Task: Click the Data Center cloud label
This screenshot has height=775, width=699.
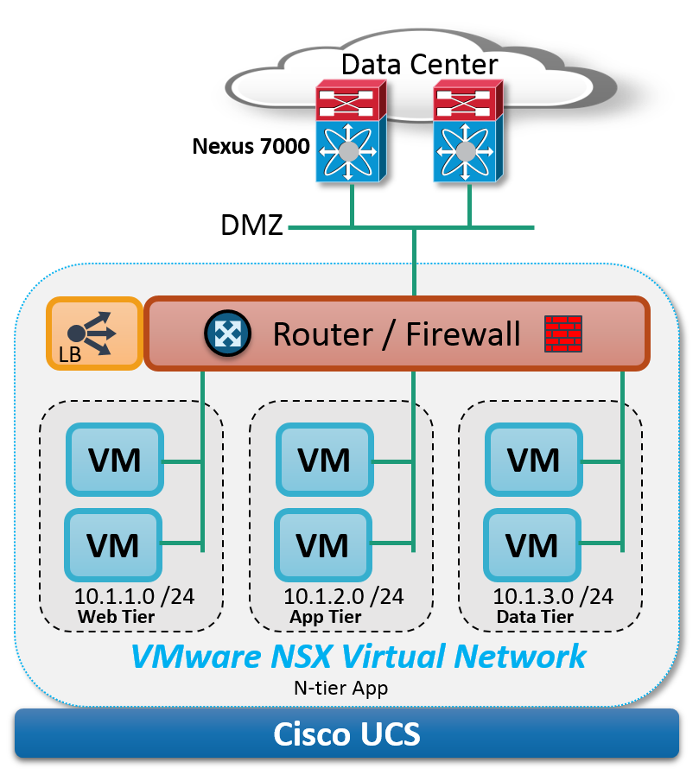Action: click(419, 64)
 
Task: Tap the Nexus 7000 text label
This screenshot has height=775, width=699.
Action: click(251, 146)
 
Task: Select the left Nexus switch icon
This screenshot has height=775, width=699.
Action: click(351, 131)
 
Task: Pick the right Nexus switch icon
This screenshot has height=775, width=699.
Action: click(468, 131)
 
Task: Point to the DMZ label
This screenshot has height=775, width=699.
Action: click(251, 225)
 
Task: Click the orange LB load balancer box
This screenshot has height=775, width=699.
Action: click(94, 334)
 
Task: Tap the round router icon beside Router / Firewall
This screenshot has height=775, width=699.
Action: click(227, 334)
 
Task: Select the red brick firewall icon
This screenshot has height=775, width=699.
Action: click(563, 334)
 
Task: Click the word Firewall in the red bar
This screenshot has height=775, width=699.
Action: click(463, 334)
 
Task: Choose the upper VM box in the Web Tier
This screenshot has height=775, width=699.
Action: click(115, 460)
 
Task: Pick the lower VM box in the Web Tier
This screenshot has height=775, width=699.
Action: click(113, 545)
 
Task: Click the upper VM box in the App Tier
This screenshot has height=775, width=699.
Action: click(324, 460)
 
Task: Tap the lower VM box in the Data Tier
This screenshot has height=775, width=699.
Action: click(532, 545)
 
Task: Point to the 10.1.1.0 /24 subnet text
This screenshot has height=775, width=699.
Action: click(134, 596)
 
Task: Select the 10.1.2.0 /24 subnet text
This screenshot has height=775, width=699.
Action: click(344, 596)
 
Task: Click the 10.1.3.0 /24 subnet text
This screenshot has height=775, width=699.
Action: click(553, 596)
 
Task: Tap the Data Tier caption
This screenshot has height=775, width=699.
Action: click(535, 617)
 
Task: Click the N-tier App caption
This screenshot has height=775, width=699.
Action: click(340, 688)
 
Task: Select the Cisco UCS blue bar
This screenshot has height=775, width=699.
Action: click(346, 733)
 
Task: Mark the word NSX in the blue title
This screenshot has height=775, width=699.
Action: click(301, 657)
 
